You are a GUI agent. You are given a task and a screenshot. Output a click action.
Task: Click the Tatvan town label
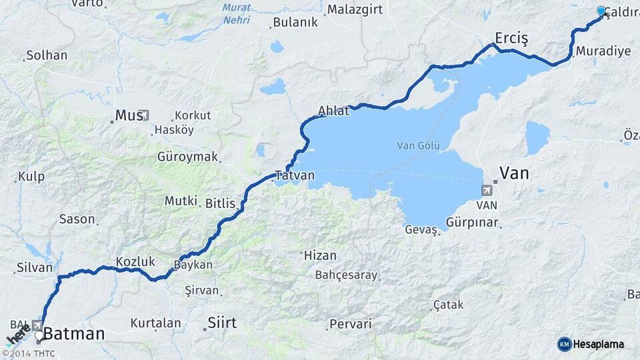(x=294, y=175)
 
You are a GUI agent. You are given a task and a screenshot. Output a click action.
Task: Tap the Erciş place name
(x=511, y=38)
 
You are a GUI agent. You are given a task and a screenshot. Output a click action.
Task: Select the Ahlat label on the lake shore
(x=333, y=111)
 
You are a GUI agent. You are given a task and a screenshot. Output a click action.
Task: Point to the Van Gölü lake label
(x=418, y=145)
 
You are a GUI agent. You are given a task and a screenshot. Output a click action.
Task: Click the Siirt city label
(x=222, y=323)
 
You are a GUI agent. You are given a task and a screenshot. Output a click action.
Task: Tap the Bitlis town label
(x=221, y=203)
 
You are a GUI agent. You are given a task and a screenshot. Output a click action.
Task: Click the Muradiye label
(x=603, y=51)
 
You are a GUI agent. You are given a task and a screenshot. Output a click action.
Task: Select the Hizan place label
(x=319, y=255)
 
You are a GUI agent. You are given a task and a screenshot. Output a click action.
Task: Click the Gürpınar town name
(x=472, y=223)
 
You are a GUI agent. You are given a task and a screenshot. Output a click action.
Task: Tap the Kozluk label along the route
(x=135, y=261)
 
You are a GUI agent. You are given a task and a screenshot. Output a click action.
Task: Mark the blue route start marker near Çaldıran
(x=601, y=11)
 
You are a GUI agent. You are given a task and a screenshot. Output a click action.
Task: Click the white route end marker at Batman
(x=39, y=335)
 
